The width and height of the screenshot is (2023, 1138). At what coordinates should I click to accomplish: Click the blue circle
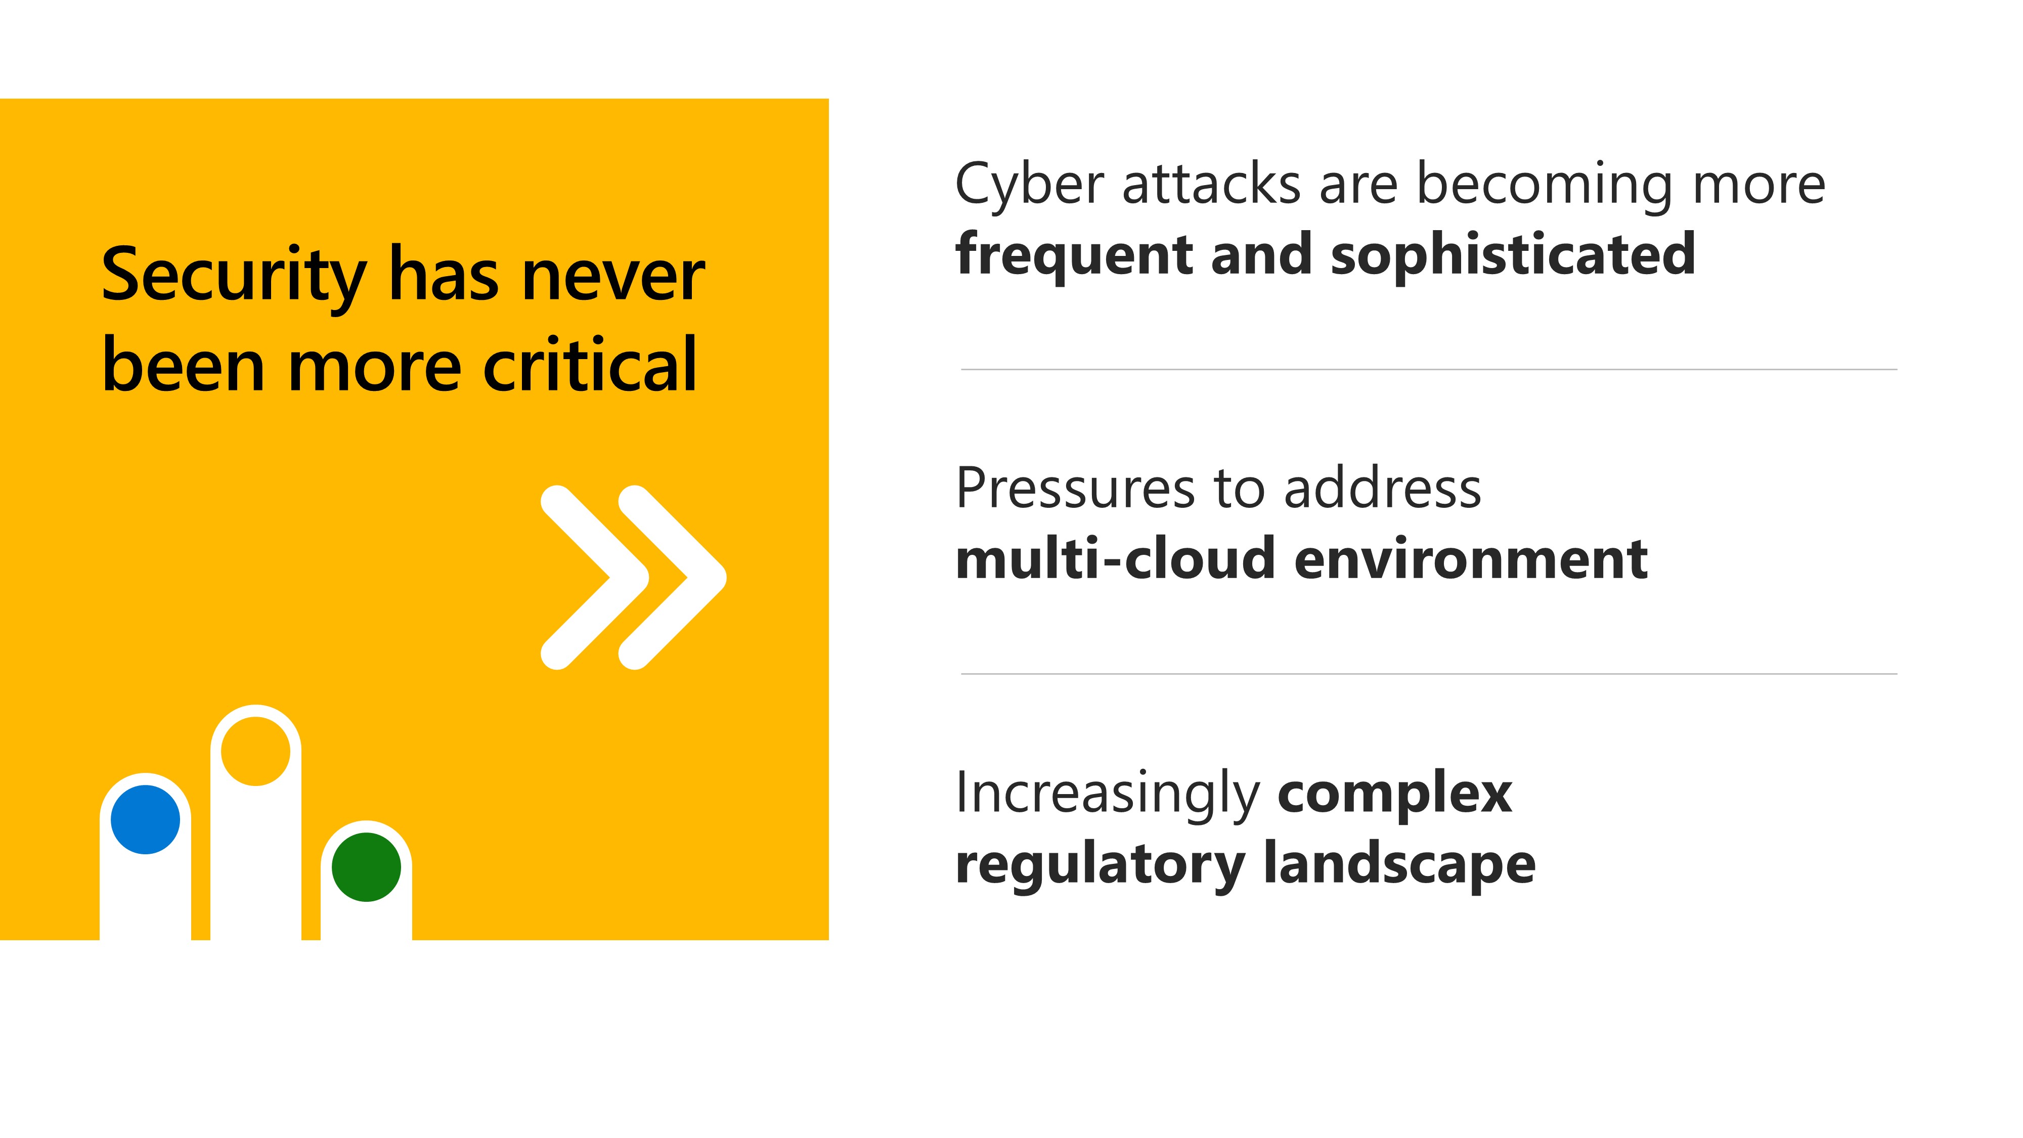[145, 819]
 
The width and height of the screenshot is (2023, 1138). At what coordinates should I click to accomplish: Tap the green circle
[366, 867]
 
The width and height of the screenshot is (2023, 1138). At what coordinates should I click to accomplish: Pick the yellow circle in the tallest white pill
[255, 751]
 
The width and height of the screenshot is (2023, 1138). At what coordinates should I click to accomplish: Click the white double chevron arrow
[634, 577]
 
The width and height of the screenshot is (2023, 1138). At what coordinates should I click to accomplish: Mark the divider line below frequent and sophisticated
[1429, 369]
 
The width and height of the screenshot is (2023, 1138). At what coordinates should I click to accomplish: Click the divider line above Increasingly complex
[1429, 674]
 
